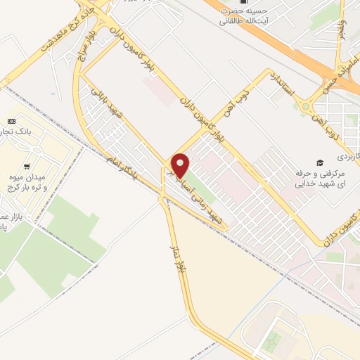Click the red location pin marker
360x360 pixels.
[180, 166]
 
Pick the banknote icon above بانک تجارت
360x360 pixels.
[11, 122]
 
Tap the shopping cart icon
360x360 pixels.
[27, 167]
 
